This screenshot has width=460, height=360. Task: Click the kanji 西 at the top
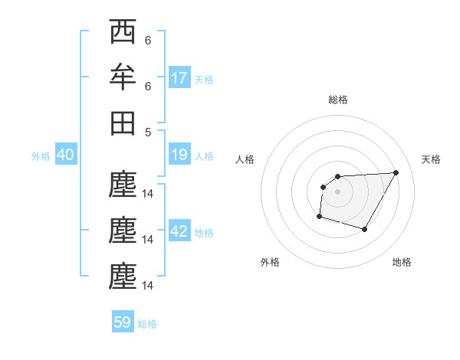click(123, 32)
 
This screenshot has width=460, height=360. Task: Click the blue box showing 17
click(179, 77)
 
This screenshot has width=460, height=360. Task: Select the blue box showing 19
click(179, 155)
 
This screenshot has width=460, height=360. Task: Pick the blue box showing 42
click(179, 232)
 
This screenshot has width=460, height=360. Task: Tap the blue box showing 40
click(65, 155)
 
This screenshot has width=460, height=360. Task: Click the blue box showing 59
click(123, 322)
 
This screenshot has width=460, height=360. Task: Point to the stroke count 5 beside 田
click(148, 131)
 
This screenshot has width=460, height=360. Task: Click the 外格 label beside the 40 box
click(41, 156)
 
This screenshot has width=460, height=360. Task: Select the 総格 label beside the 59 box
click(147, 324)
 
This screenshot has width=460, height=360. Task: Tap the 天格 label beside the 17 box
click(204, 79)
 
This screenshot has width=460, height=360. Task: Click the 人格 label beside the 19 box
click(204, 156)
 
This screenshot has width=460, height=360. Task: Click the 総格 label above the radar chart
click(337, 100)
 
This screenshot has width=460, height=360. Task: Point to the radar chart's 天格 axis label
click(432, 159)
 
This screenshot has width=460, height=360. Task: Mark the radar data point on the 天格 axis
click(396, 172)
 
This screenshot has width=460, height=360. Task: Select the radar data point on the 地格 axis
click(365, 230)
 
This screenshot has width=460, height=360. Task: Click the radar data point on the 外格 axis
click(319, 217)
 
